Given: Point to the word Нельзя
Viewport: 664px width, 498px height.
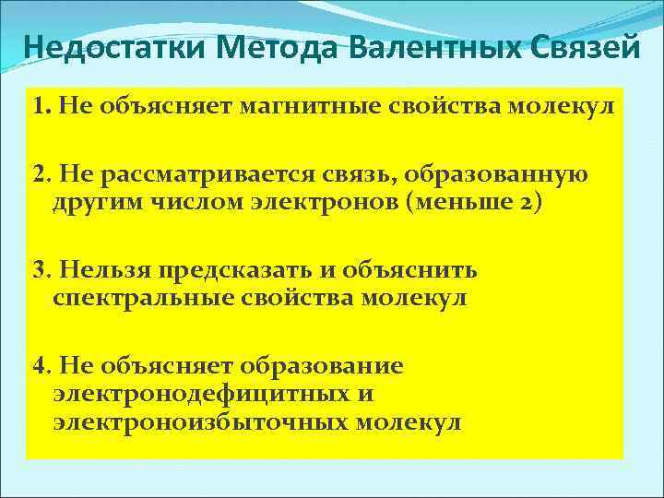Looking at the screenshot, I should tap(99, 271).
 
